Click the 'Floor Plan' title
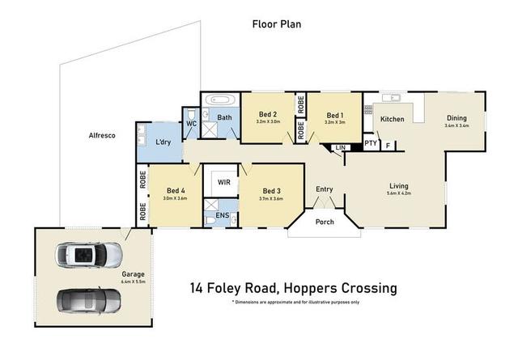point(277,24)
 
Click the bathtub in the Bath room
point(219,102)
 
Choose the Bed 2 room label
point(268,115)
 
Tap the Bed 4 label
point(175,191)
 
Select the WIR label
point(223,183)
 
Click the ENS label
point(222,216)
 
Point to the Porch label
point(325,222)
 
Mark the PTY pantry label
point(370,143)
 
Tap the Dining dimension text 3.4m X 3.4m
point(457,125)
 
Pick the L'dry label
point(163,142)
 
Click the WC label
point(192,123)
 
